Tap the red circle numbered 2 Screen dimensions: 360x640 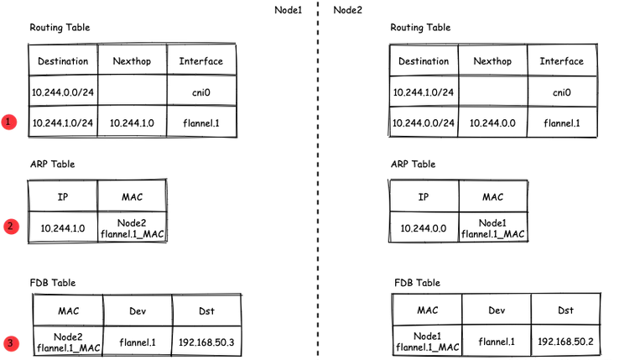[9, 226]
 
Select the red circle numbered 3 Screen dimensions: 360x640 [9, 342]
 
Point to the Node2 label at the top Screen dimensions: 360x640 [349, 9]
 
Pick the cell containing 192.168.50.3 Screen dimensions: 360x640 [207, 342]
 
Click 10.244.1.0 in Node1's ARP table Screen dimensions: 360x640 [63, 227]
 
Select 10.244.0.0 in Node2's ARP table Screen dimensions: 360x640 [424, 227]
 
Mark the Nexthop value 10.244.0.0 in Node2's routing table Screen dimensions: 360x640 [492, 123]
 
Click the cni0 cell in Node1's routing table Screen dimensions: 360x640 [201, 91]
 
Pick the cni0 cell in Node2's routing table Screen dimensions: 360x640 [562, 91]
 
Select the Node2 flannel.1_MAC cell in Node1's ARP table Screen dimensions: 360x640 [132, 227]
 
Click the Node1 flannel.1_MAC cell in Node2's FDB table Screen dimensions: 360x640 [427, 342]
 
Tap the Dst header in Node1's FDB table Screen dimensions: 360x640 [207, 310]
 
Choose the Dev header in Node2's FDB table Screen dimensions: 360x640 [497, 310]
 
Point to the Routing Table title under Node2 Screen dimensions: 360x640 [420, 28]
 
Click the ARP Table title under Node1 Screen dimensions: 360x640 [52, 164]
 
